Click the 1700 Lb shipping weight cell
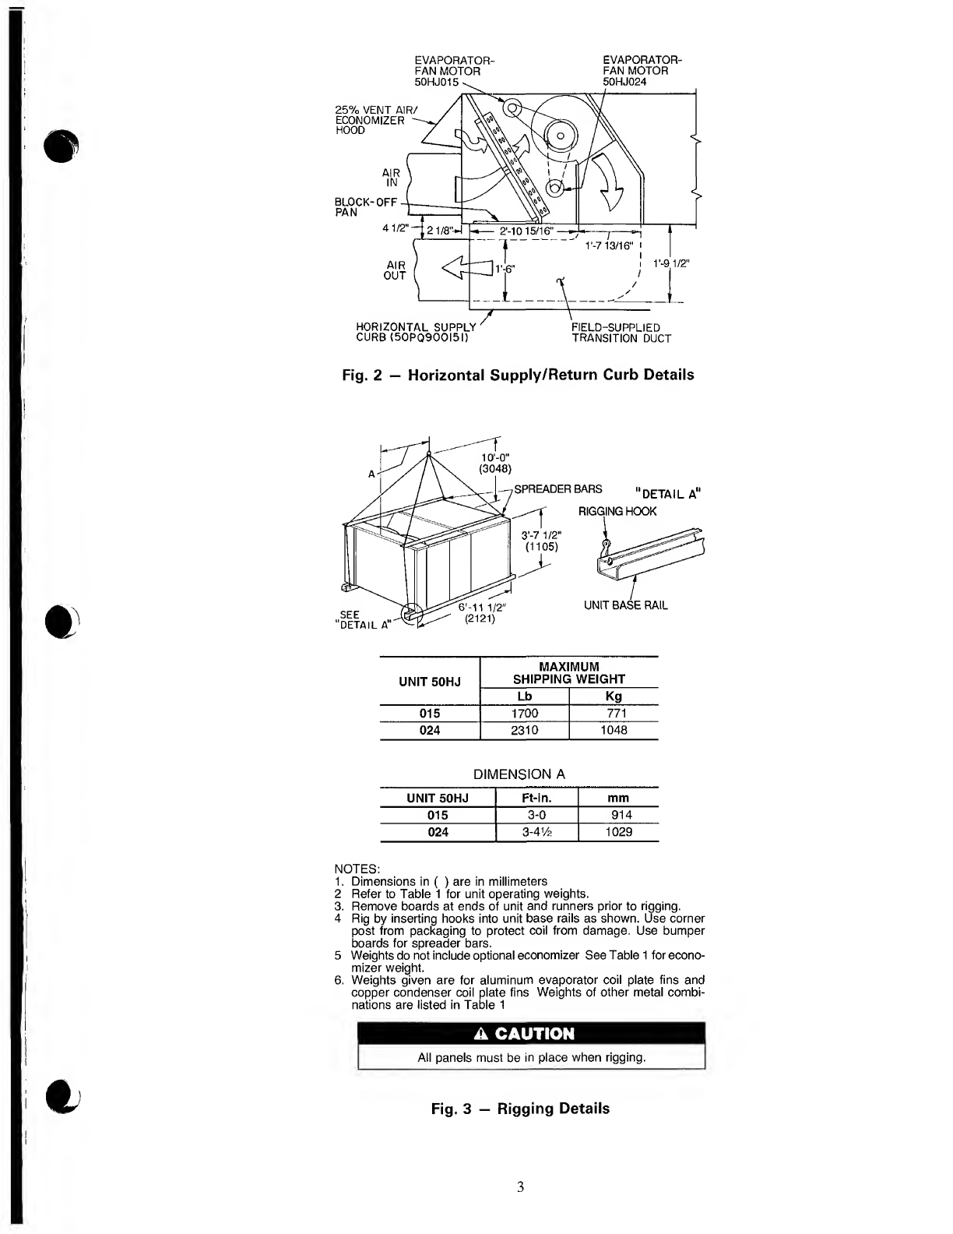click(524, 714)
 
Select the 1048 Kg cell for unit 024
click(614, 731)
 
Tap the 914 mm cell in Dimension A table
click(621, 815)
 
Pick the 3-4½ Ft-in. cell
click(536, 832)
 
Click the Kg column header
click(614, 696)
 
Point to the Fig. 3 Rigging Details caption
click(520, 1109)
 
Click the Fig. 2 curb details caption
click(518, 375)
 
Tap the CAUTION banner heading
click(532, 1034)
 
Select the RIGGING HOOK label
click(617, 511)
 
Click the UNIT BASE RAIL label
click(625, 605)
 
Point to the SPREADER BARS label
click(557, 489)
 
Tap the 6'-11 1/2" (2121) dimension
click(483, 614)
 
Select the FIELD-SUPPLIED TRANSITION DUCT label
click(621, 333)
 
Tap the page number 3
click(520, 1187)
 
